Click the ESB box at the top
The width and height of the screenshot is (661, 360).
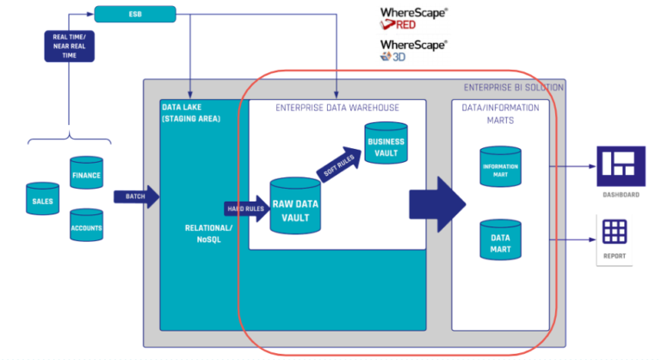pos(134,14)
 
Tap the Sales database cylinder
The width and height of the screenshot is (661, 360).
pos(42,199)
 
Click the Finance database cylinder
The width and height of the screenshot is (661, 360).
pos(86,175)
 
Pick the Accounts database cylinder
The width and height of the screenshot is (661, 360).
pos(86,227)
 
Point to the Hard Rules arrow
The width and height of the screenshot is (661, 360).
pos(246,208)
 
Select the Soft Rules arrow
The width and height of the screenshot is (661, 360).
pos(337,166)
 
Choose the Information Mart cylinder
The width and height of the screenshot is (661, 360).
pos(500,167)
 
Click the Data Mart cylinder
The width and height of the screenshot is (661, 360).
pos(500,242)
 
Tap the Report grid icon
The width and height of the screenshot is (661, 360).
pos(615,232)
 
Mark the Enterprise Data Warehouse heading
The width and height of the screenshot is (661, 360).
pos(337,108)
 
